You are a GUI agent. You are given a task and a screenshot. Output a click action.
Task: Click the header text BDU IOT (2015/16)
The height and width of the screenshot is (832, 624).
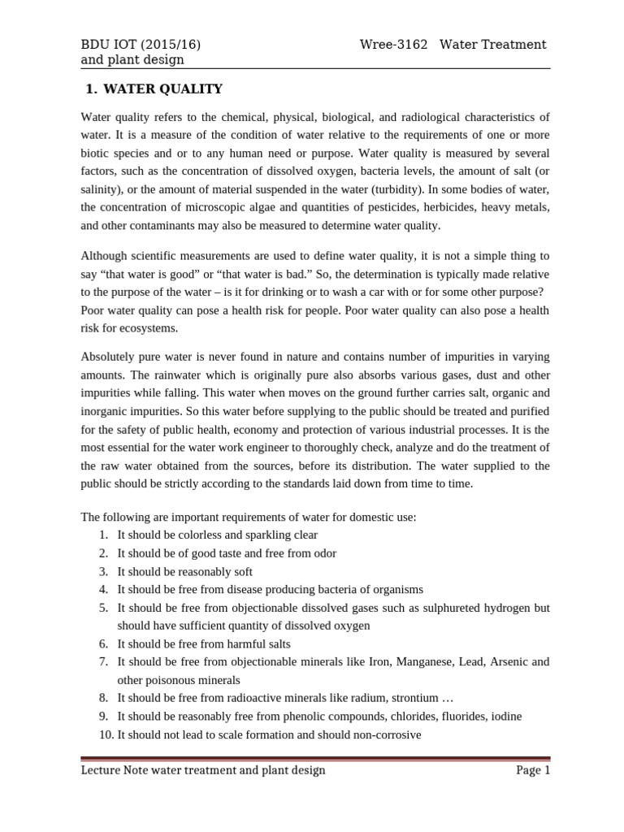(141, 44)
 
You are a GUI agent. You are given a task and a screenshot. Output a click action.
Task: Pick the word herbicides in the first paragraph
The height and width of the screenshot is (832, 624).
(448, 207)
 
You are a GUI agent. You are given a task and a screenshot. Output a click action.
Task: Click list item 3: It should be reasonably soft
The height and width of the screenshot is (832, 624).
(184, 571)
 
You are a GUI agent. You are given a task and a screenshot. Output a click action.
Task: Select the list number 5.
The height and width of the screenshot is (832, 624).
(104, 608)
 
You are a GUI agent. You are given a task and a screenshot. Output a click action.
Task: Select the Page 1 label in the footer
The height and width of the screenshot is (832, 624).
(533, 770)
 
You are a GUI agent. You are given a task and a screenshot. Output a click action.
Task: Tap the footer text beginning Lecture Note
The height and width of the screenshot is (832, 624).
(203, 770)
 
